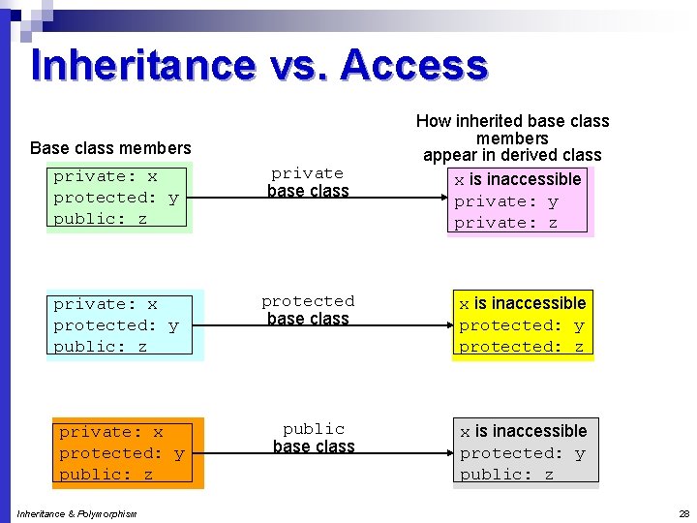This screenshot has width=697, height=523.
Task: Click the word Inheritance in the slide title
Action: tap(143, 65)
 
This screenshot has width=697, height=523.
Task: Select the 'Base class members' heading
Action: tap(110, 148)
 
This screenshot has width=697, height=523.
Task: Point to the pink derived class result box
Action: tap(520, 201)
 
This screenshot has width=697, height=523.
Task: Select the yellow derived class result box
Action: tap(522, 325)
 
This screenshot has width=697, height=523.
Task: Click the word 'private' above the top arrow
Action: tap(307, 173)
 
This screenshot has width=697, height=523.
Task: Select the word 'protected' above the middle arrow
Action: tap(308, 301)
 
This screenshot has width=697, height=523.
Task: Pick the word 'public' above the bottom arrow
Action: tap(314, 429)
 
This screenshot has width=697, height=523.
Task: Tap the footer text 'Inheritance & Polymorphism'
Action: tap(76, 513)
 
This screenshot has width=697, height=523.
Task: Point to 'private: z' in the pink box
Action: tap(505, 223)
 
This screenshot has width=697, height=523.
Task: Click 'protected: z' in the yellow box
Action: tap(522, 347)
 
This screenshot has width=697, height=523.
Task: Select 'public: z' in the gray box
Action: tap(506, 475)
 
